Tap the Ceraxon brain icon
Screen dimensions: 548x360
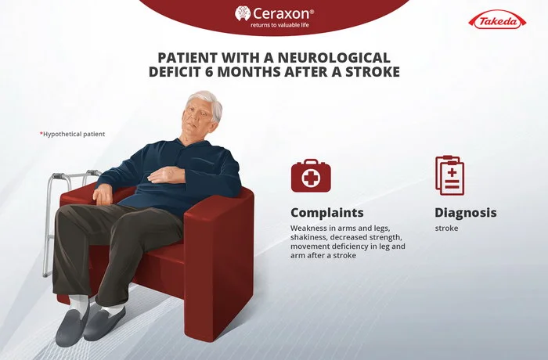243,13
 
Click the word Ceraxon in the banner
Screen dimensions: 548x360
281,13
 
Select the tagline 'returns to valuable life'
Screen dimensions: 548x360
279,25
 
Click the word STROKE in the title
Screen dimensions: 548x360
373,72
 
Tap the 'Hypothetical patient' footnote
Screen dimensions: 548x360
72,134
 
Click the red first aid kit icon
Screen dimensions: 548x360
311,176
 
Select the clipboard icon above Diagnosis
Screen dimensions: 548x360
450,175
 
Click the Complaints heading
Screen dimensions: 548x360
327,213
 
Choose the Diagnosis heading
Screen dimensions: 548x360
466,213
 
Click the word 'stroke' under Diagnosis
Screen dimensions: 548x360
446,229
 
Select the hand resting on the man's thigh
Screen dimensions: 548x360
102,194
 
